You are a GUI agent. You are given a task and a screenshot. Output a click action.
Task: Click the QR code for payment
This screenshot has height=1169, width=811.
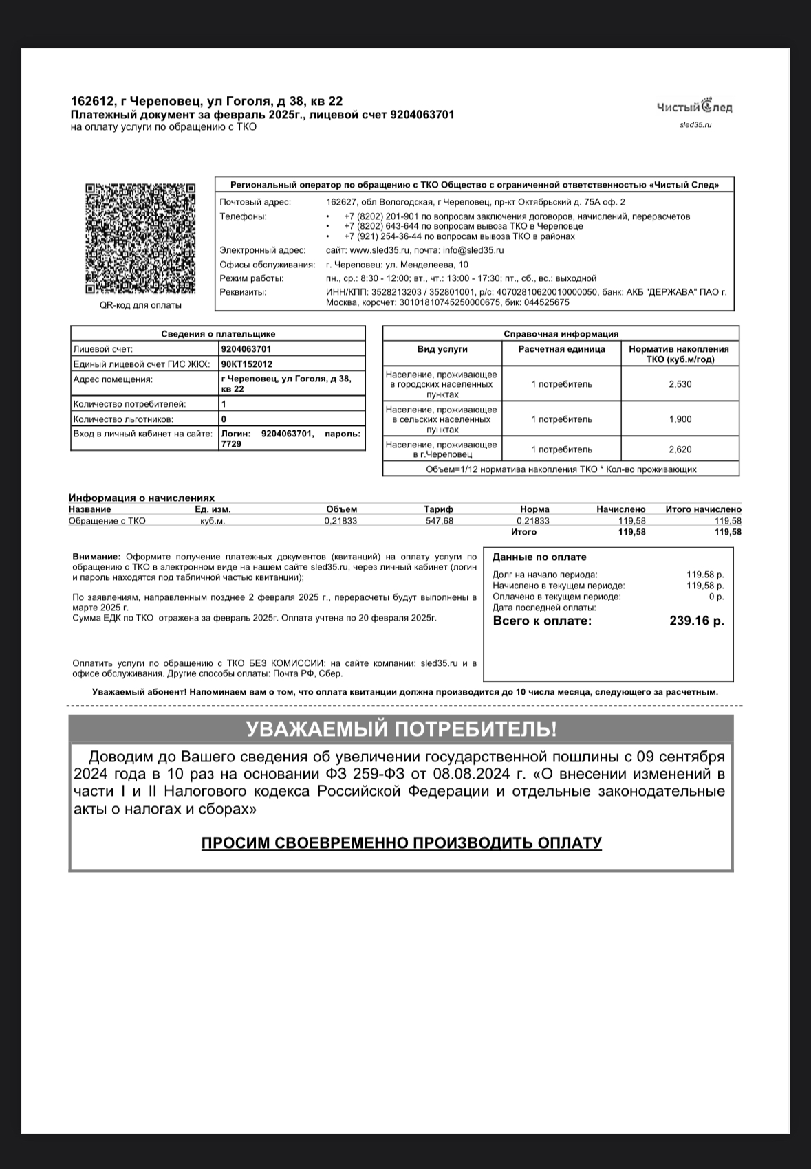click(x=140, y=239)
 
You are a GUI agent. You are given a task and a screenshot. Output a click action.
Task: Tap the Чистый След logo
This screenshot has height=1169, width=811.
click(x=695, y=107)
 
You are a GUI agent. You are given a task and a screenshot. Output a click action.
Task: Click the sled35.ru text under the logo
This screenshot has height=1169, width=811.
click(x=695, y=125)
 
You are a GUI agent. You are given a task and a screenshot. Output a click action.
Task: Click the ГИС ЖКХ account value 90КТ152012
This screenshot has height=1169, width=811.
click(x=247, y=364)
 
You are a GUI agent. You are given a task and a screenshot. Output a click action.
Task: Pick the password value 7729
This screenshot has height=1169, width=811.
click(x=231, y=445)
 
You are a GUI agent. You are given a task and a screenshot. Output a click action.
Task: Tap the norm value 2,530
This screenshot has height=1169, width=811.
click(x=680, y=384)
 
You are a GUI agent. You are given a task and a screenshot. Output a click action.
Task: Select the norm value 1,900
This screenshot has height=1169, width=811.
click(x=680, y=419)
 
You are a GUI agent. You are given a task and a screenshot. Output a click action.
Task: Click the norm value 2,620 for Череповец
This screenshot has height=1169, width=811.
click(x=680, y=449)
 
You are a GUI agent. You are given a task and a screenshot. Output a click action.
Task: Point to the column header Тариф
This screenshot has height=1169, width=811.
click(x=438, y=509)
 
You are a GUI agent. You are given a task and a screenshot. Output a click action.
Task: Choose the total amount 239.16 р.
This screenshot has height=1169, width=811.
click(x=696, y=621)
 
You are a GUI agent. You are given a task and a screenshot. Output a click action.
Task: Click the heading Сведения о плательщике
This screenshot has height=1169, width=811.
click(x=218, y=334)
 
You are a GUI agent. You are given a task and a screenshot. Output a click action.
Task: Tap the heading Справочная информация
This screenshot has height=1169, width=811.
click(x=561, y=334)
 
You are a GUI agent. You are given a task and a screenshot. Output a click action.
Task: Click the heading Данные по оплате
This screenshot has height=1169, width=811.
click(x=539, y=557)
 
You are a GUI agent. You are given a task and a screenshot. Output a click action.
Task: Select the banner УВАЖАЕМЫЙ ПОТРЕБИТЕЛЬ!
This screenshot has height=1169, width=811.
click(x=401, y=729)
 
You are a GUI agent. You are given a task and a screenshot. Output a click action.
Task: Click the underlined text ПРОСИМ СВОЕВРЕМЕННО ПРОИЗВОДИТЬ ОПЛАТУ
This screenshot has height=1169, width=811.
click(x=401, y=843)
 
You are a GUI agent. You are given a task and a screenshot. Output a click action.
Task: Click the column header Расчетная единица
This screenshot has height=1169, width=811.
click(x=561, y=349)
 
